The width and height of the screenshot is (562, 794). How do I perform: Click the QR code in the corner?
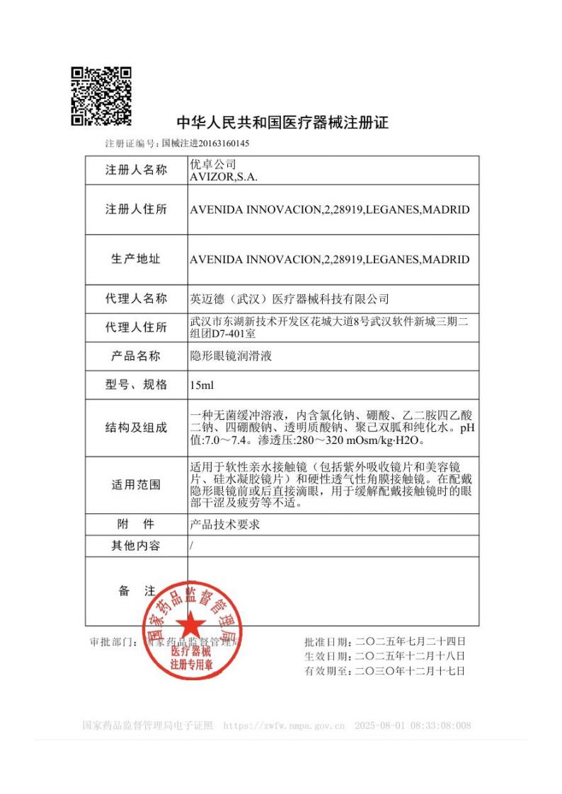(x=101, y=96)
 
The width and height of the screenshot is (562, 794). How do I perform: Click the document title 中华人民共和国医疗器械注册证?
(x=282, y=122)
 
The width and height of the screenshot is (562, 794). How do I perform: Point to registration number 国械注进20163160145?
(x=205, y=144)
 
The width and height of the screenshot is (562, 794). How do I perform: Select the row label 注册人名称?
(x=137, y=170)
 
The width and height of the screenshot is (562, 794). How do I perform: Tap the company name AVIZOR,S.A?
(x=224, y=177)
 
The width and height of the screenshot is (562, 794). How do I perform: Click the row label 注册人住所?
(x=137, y=209)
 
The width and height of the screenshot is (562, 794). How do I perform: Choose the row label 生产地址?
(x=137, y=259)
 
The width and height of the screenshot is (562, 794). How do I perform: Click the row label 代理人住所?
(x=137, y=327)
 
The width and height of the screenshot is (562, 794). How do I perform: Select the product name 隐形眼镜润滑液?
(x=231, y=356)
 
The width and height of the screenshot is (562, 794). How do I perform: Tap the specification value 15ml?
(x=202, y=385)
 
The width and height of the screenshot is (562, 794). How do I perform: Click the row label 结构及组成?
(x=137, y=428)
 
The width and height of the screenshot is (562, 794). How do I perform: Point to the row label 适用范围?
(x=137, y=485)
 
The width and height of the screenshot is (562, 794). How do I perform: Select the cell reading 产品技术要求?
(x=226, y=525)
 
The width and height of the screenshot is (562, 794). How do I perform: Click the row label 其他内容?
(x=137, y=546)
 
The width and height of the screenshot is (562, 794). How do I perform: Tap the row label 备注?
(x=137, y=591)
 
